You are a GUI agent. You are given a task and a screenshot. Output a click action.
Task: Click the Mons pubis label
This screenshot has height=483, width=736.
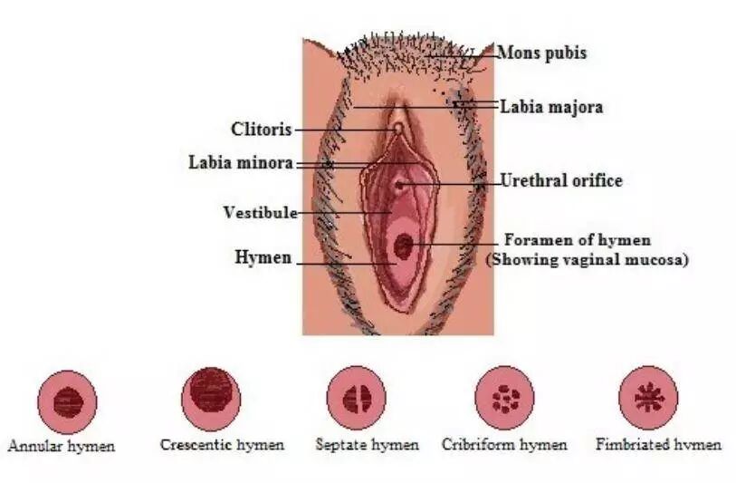click(541, 53)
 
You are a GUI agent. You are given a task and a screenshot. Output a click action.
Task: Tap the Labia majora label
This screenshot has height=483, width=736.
click(551, 107)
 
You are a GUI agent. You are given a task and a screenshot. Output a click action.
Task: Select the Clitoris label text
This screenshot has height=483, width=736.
click(261, 130)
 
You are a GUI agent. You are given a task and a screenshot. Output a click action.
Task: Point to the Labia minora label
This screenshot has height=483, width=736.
click(240, 163)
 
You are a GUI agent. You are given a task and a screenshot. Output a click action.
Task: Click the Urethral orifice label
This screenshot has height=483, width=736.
click(561, 181)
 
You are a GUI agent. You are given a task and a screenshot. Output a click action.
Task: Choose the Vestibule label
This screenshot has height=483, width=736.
click(260, 213)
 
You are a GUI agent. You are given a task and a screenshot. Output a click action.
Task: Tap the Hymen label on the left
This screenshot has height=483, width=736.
click(263, 257)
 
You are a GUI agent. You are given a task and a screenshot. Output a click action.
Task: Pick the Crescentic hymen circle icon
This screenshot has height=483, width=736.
click(211, 395)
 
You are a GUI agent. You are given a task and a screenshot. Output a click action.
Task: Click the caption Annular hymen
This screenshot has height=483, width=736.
click(62, 446)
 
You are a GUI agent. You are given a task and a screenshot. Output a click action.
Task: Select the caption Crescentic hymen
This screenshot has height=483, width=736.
click(222, 444)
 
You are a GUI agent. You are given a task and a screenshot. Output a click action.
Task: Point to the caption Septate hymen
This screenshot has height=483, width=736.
click(367, 444)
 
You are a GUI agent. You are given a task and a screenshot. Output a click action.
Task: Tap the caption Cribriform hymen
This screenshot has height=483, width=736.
click(504, 444)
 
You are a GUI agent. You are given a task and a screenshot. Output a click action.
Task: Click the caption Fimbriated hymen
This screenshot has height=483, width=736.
click(658, 444)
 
